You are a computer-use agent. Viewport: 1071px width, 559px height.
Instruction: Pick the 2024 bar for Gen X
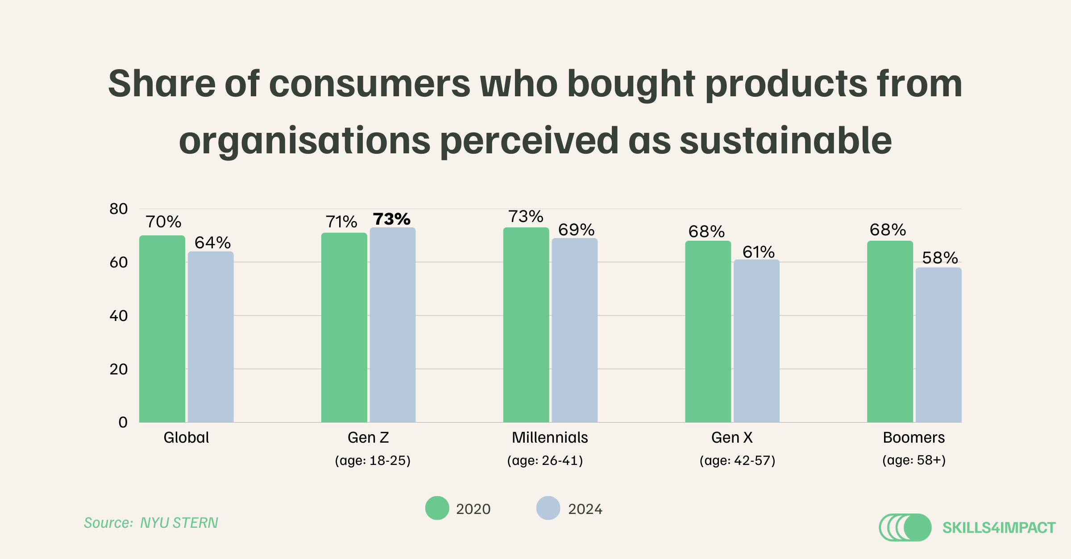click(x=756, y=341)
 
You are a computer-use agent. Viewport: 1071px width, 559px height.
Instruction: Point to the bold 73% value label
click(x=391, y=219)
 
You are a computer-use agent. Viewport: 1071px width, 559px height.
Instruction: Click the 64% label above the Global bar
click(x=212, y=243)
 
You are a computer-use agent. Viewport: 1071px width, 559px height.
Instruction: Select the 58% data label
click(x=940, y=258)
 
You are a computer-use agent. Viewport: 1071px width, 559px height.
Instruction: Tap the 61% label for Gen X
click(x=758, y=252)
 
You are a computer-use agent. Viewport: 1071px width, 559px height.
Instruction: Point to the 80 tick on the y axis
click(x=119, y=209)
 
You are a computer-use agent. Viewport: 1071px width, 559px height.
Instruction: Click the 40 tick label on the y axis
click(x=119, y=316)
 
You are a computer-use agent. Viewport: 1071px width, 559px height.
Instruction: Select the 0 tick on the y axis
click(x=123, y=422)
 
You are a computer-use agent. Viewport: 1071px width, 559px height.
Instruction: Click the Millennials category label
click(x=550, y=437)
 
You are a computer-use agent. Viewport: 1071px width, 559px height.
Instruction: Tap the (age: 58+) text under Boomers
click(x=914, y=460)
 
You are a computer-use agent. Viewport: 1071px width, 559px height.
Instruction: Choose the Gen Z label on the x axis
click(x=368, y=437)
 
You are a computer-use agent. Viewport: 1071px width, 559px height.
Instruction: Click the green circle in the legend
click(x=437, y=508)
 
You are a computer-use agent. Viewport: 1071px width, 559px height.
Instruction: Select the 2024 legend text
click(x=585, y=509)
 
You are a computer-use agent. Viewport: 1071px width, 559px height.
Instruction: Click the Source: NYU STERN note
click(x=151, y=522)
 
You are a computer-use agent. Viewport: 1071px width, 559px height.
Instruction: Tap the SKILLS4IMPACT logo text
click(x=999, y=528)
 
